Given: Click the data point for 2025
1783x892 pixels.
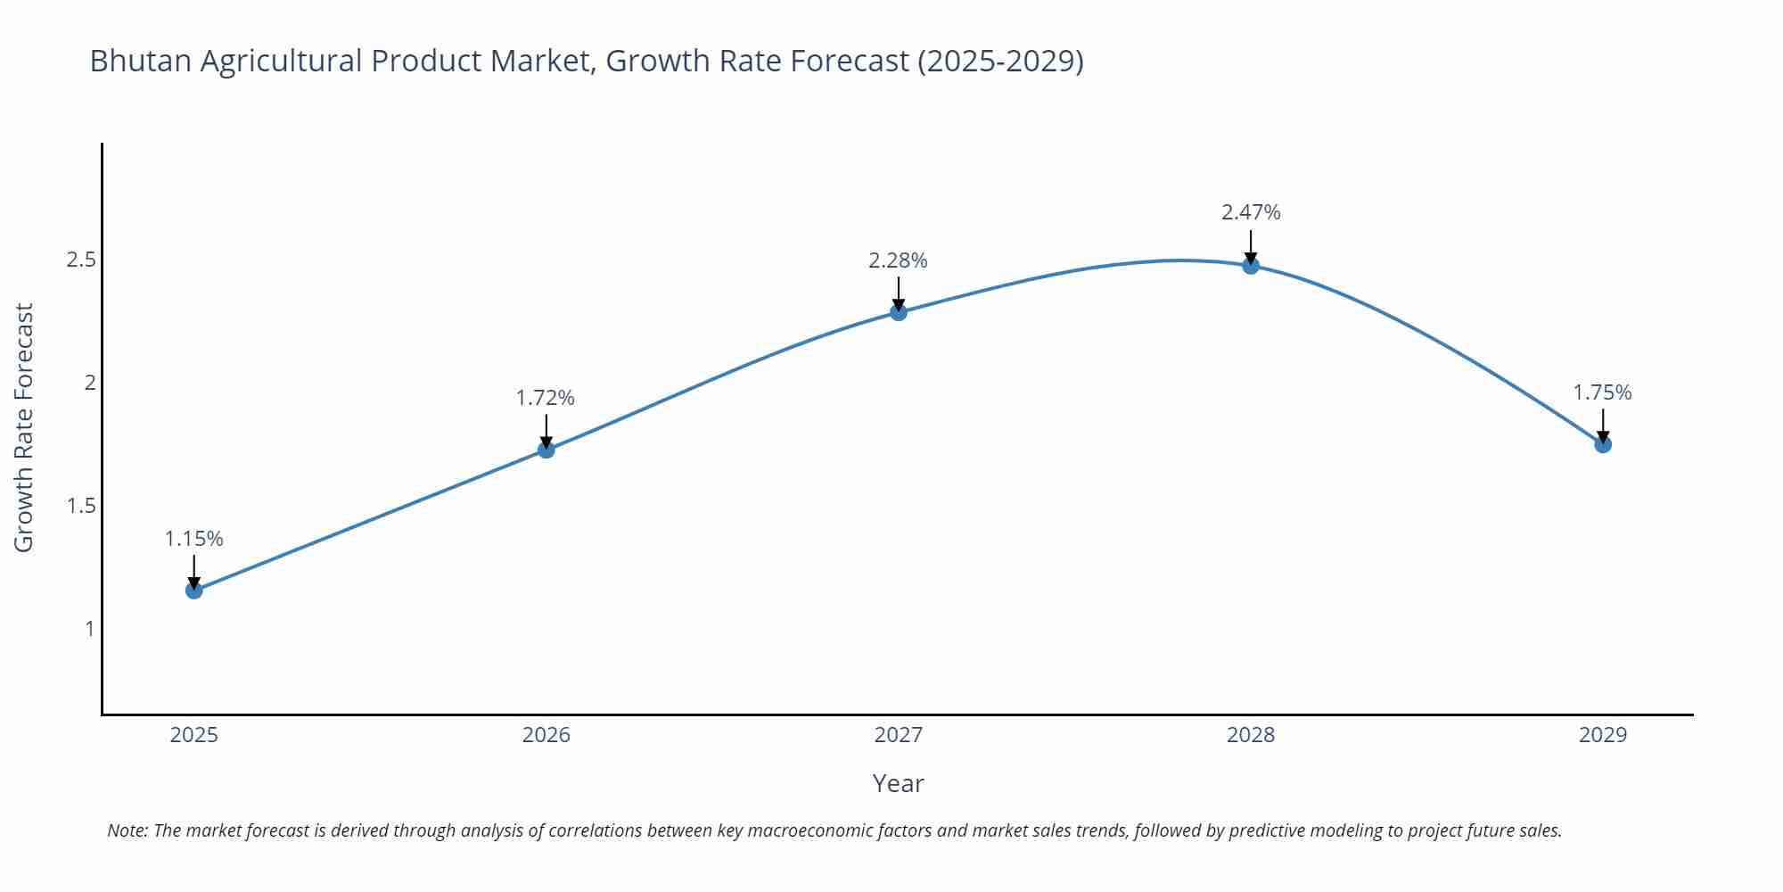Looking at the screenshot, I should coord(194,590).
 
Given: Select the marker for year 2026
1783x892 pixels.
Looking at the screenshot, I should coord(546,450).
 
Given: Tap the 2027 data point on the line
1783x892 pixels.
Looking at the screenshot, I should coord(899,312).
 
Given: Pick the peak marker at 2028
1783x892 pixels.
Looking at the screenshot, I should coord(1251,265).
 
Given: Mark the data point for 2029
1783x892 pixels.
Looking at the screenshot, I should coord(1603,444).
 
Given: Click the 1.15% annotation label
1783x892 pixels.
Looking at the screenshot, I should coord(194,539).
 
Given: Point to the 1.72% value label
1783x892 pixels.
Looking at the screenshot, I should coord(546,398).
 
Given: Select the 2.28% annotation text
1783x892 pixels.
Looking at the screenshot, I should coord(898,260).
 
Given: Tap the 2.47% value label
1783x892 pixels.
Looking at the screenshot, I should coord(1251,212).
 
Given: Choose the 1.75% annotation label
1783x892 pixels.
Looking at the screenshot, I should coord(1602,392).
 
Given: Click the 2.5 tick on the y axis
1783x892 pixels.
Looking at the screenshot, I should coord(81,260).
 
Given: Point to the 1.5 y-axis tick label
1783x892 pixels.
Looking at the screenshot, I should coord(81,506).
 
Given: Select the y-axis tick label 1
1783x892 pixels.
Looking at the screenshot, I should coord(89,629).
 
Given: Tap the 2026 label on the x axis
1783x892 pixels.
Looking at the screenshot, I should coord(546,735).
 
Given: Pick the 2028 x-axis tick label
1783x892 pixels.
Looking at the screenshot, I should coord(1251,735).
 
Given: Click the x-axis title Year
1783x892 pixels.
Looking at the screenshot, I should coord(898,783).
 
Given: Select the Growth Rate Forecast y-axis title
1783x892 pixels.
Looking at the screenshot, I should coord(24,427).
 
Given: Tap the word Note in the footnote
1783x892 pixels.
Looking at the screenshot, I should coord(127,830).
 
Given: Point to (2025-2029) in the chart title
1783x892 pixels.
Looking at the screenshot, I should coord(999,61).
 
